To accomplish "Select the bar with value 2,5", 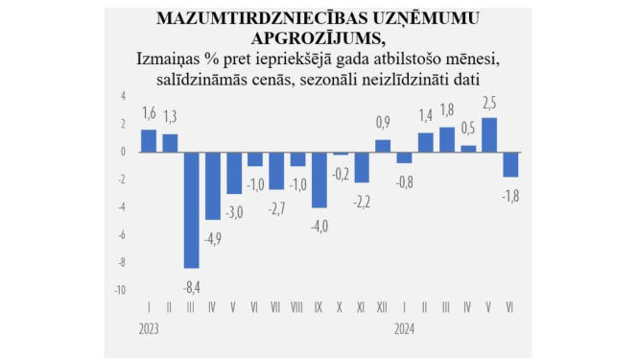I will tap(489, 134).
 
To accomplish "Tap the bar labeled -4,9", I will tap(213, 185).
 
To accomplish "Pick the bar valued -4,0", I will tap(319, 180).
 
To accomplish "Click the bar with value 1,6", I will tap(149, 140).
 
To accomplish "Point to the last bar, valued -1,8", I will tap(510, 164).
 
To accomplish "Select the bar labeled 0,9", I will tap(383, 146).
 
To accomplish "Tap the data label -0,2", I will tap(340, 174).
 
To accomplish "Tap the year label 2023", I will tap(149, 326).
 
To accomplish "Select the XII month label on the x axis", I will tap(383, 307).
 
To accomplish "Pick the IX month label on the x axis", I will tap(319, 307).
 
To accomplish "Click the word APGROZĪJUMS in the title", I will tap(318, 38).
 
